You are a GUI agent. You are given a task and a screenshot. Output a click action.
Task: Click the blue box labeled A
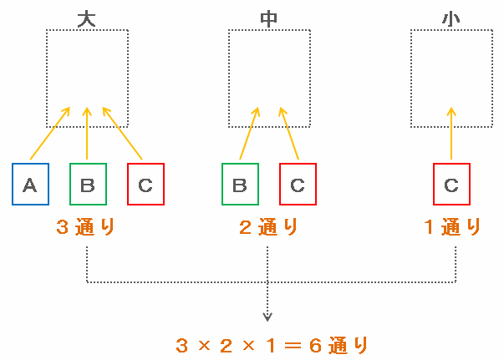tap(30, 184)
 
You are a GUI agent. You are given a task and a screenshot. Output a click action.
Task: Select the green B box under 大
tap(88, 184)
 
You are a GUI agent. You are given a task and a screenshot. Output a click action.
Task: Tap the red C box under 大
tap(145, 184)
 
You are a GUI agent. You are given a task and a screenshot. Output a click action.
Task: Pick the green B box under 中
tap(240, 184)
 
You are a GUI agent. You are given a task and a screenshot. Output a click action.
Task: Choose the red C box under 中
tap(298, 184)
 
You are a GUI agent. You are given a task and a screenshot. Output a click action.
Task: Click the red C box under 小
tap(451, 184)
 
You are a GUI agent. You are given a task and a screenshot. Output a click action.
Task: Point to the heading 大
tap(86, 18)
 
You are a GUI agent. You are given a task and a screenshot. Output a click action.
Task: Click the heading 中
tap(269, 18)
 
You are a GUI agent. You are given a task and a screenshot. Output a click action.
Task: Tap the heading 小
tap(452, 18)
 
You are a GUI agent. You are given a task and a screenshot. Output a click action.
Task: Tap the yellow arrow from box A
tap(49, 133)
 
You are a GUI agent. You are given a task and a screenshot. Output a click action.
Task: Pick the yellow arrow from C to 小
tap(451, 134)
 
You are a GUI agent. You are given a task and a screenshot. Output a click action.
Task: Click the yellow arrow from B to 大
tap(88, 134)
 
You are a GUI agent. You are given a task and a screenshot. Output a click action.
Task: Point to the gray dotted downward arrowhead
tap(267, 317)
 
